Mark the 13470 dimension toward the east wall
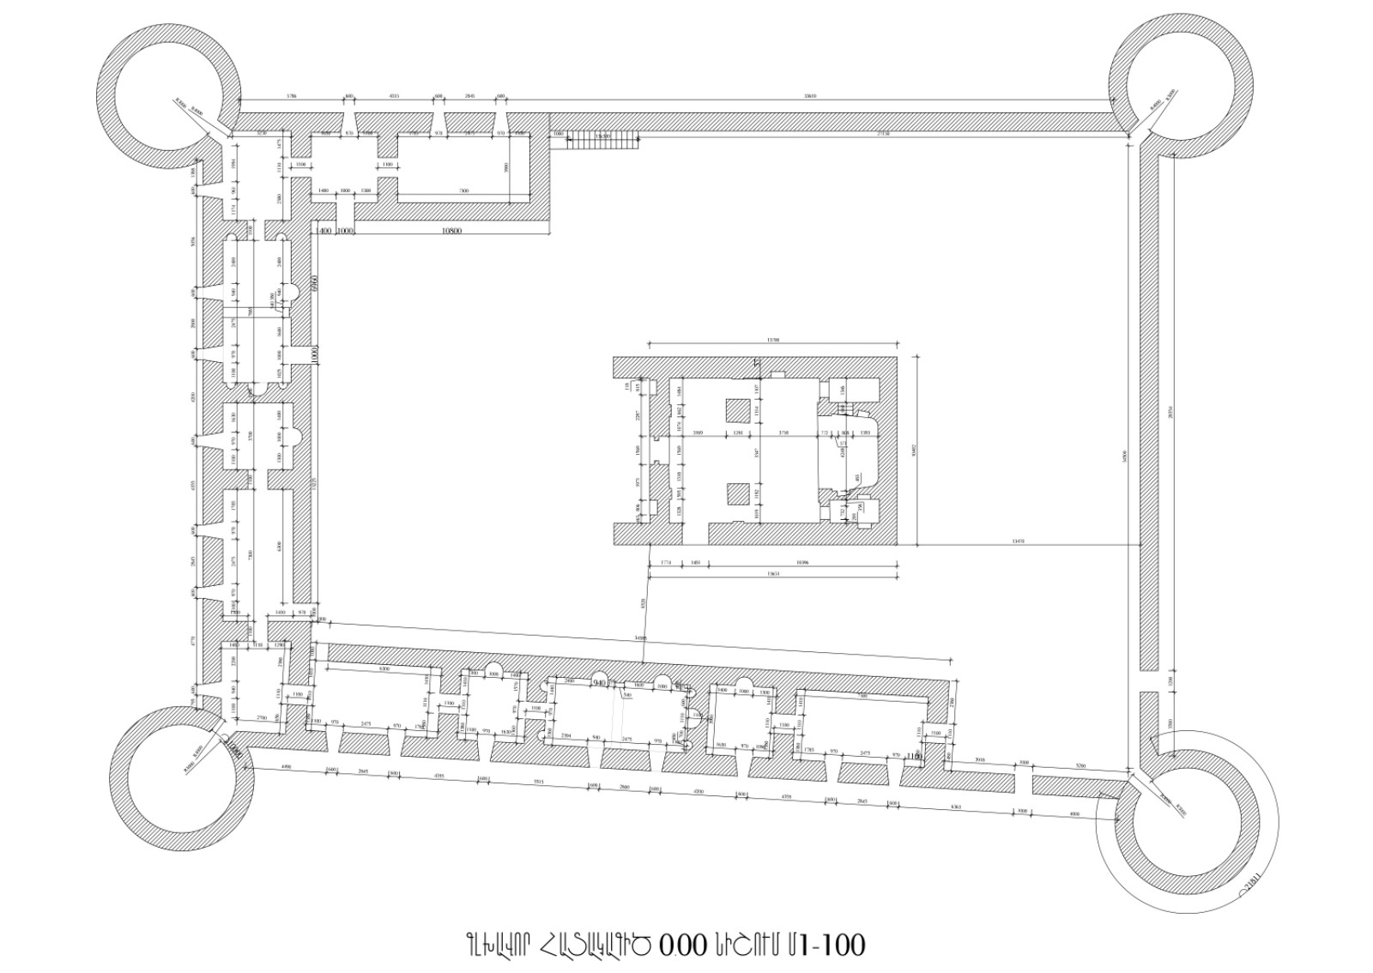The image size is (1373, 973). pyautogui.click(x=1019, y=541)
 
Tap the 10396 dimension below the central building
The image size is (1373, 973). pyautogui.click(x=802, y=563)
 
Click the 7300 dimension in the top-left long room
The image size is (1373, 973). pyautogui.click(x=463, y=190)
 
